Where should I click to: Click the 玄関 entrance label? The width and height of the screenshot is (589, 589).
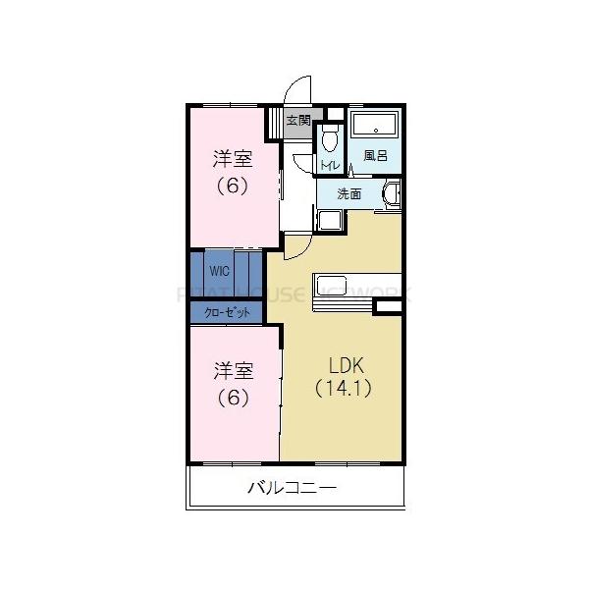pos(298,122)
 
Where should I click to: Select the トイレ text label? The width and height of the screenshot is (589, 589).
pos(330,164)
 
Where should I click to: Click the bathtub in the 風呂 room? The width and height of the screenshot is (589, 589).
pos(374,126)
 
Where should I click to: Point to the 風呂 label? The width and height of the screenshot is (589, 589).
pos(375,155)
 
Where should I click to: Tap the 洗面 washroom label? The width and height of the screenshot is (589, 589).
pos(348,193)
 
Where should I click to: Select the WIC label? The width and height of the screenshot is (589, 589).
pos(217,268)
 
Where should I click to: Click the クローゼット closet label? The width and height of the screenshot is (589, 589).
pos(227,312)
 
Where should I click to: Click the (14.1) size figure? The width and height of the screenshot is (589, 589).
pos(343,387)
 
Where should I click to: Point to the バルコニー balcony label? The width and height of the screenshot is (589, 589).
pos(292,486)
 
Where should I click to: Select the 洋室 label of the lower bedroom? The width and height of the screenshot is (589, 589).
pos(235,371)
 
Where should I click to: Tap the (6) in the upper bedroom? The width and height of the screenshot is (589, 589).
pos(233,185)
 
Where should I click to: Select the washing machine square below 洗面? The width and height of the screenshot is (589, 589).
pos(328,223)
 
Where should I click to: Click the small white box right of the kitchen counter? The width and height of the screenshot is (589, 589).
pos(388,307)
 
